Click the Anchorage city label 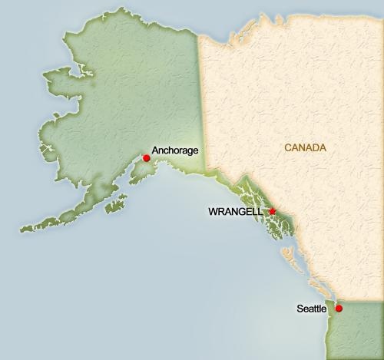[176, 150]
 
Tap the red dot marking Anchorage [147, 158]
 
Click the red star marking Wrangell [272, 211]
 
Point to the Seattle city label [312, 309]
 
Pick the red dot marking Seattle [339, 309]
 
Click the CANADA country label [305, 147]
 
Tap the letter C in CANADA [287, 147]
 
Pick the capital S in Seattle [300, 309]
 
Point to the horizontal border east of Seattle [361, 302]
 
